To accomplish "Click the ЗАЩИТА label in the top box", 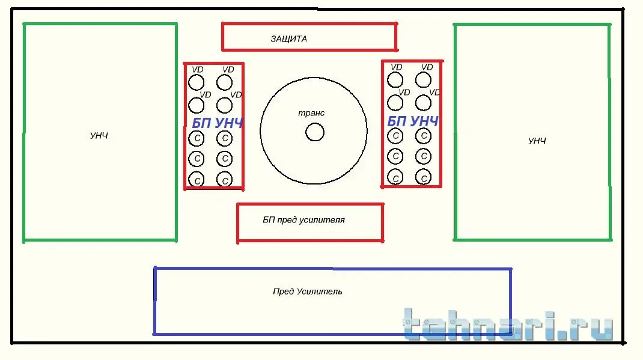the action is [288, 39].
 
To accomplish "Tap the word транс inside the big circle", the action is [311, 113].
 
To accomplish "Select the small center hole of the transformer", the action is [314, 132].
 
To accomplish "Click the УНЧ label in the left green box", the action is [99, 136].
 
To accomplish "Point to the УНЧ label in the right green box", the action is [537, 141].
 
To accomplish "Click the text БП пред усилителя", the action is [303, 220].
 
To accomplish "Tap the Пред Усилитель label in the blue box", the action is [307, 291].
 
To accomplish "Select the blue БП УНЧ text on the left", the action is [218, 123].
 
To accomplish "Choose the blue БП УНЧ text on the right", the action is [413, 121].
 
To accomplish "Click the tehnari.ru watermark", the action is [508, 324].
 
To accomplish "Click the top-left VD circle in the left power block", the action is [197, 82].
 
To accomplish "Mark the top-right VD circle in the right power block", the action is [423, 80].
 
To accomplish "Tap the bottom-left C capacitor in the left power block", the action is [197, 179].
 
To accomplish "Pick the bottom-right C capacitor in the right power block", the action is [423, 177].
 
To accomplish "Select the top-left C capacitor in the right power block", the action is [395, 136].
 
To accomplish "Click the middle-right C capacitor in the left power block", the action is [224, 158].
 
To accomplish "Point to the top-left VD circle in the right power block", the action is [395, 80].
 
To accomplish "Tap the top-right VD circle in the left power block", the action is [224, 82].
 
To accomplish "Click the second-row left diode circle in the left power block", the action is [197, 105].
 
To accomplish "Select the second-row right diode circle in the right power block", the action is [423, 103].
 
